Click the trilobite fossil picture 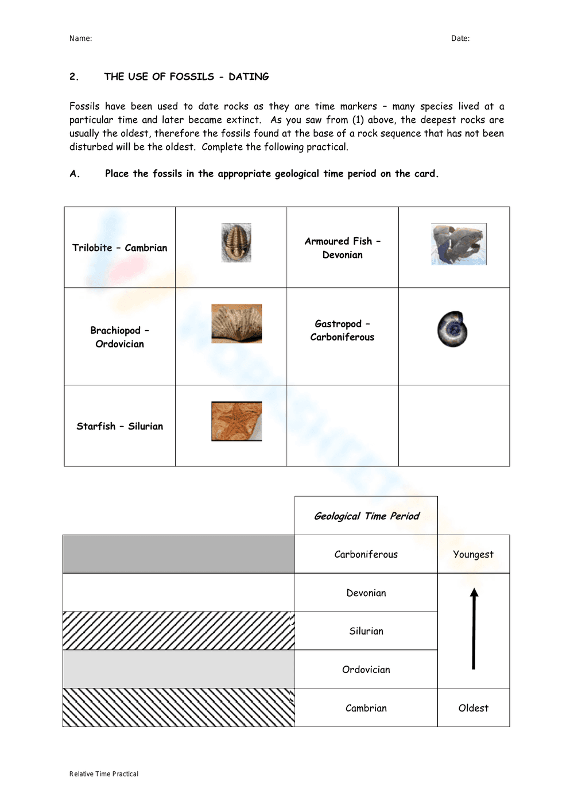(x=236, y=243)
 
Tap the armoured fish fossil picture (x=459, y=244)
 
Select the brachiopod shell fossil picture (x=236, y=324)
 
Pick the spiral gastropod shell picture (x=452, y=329)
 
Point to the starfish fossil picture (x=236, y=421)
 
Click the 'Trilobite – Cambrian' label (x=119, y=248)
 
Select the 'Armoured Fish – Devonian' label (x=342, y=248)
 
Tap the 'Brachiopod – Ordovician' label (x=119, y=337)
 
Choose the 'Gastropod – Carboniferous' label (x=342, y=330)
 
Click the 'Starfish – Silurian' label (x=119, y=426)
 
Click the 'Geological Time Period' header (x=366, y=516)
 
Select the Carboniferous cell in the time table (x=366, y=554)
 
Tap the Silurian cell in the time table (x=366, y=631)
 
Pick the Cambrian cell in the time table (x=366, y=708)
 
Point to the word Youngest (x=473, y=554)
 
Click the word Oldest (x=473, y=708)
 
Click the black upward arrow (x=474, y=629)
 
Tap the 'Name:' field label (x=80, y=38)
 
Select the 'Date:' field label (x=460, y=38)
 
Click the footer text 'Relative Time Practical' (x=104, y=774)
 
